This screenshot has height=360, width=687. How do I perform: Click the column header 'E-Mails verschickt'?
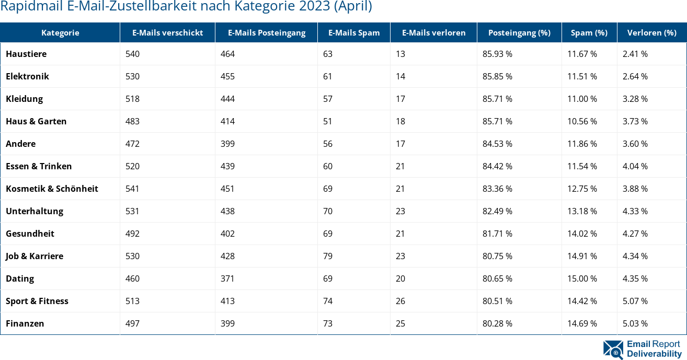(x=167, y=32)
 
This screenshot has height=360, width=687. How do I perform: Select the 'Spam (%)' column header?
(x=589, y=32)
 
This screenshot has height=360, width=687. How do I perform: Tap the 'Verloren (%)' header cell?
(x=651, y=32)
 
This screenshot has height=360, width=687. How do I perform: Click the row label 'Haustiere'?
(x=26, y=54)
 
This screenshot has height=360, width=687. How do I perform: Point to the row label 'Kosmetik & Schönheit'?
(x=52, y=189)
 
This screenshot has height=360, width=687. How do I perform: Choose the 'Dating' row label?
(x=20, y=278)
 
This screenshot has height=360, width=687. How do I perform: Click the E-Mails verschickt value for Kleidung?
(x=132, y=99)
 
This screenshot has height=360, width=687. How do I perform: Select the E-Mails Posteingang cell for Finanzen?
(x=227, y=323)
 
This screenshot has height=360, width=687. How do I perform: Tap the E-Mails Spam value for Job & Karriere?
(x=328, y=256)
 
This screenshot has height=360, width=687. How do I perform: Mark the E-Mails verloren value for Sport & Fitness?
(x=400, y=301)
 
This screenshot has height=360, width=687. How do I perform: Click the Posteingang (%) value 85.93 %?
(x=497, y=54)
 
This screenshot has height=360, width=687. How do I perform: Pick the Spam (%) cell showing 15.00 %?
(x=582, y=278)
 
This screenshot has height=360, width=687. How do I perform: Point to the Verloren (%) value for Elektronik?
(x=635, y=76)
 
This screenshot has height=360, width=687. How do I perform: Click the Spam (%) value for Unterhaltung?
(x=582, y=211)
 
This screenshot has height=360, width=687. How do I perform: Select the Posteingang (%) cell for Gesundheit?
(x=497, y=234)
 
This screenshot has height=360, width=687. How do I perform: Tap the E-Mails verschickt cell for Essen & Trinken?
(x=132, y=166)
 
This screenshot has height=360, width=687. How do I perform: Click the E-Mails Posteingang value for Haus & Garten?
(x=227, y=121)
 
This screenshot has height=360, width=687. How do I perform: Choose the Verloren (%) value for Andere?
(x=635, y=144)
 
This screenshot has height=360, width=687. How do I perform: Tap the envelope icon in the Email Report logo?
(x=613, y=350)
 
